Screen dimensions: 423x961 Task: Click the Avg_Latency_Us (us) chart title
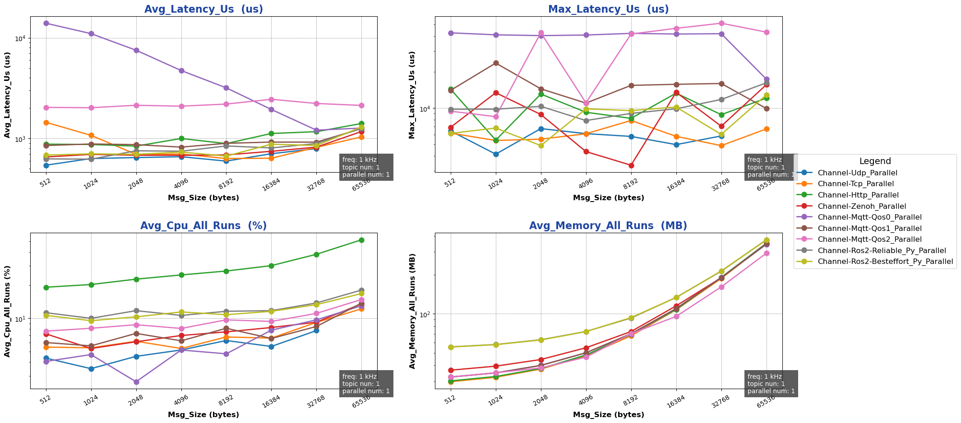click(203, 9)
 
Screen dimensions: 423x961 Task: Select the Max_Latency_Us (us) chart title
click(608, 9)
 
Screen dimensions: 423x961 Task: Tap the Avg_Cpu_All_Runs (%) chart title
click(203, 226)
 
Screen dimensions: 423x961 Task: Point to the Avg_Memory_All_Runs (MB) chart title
click(608, 226)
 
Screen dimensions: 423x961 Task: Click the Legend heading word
click(875, 161)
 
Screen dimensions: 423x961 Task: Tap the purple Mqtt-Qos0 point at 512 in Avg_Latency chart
click(46, 23)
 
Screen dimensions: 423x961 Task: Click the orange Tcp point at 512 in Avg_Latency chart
click(46, 122)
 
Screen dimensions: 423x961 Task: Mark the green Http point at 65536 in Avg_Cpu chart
click(361, 240)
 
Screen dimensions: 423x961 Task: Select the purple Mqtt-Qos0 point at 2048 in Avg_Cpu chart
click(136, 382)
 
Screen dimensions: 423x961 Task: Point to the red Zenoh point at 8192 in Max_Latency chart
click(631, 165)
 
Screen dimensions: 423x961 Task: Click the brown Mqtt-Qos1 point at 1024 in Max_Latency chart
click(496, 63)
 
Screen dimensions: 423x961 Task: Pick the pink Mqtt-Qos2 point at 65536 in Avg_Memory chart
click(766, 253)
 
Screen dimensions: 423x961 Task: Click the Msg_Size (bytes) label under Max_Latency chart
click(608, 198)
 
